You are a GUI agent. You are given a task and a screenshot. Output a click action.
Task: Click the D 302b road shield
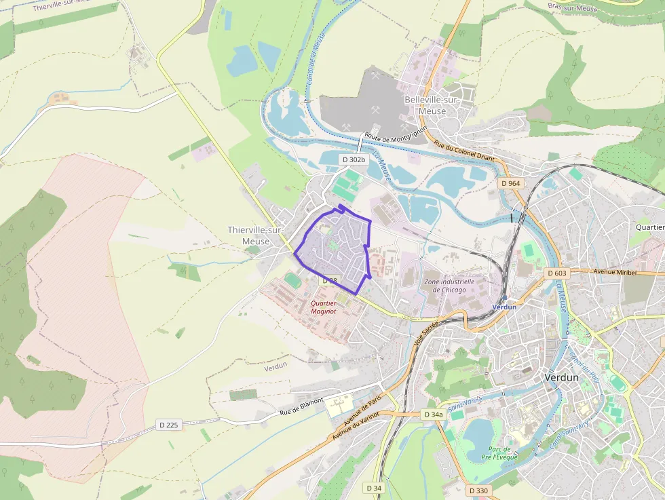[x=354, y=159]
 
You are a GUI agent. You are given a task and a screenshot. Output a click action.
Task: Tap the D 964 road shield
[x=511, y=184]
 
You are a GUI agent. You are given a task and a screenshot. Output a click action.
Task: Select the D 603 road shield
[x=556, y=273]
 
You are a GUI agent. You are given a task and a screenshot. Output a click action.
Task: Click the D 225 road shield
[x=169, y=425]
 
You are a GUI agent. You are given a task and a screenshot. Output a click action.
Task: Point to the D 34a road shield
[x=433, y=414]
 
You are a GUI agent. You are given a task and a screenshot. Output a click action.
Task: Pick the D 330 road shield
[x=478, y=490]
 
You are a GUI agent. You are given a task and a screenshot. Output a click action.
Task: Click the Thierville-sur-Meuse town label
[x=254, y=235]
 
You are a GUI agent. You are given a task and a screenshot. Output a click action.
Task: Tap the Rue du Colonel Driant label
[x=465, y=153]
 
